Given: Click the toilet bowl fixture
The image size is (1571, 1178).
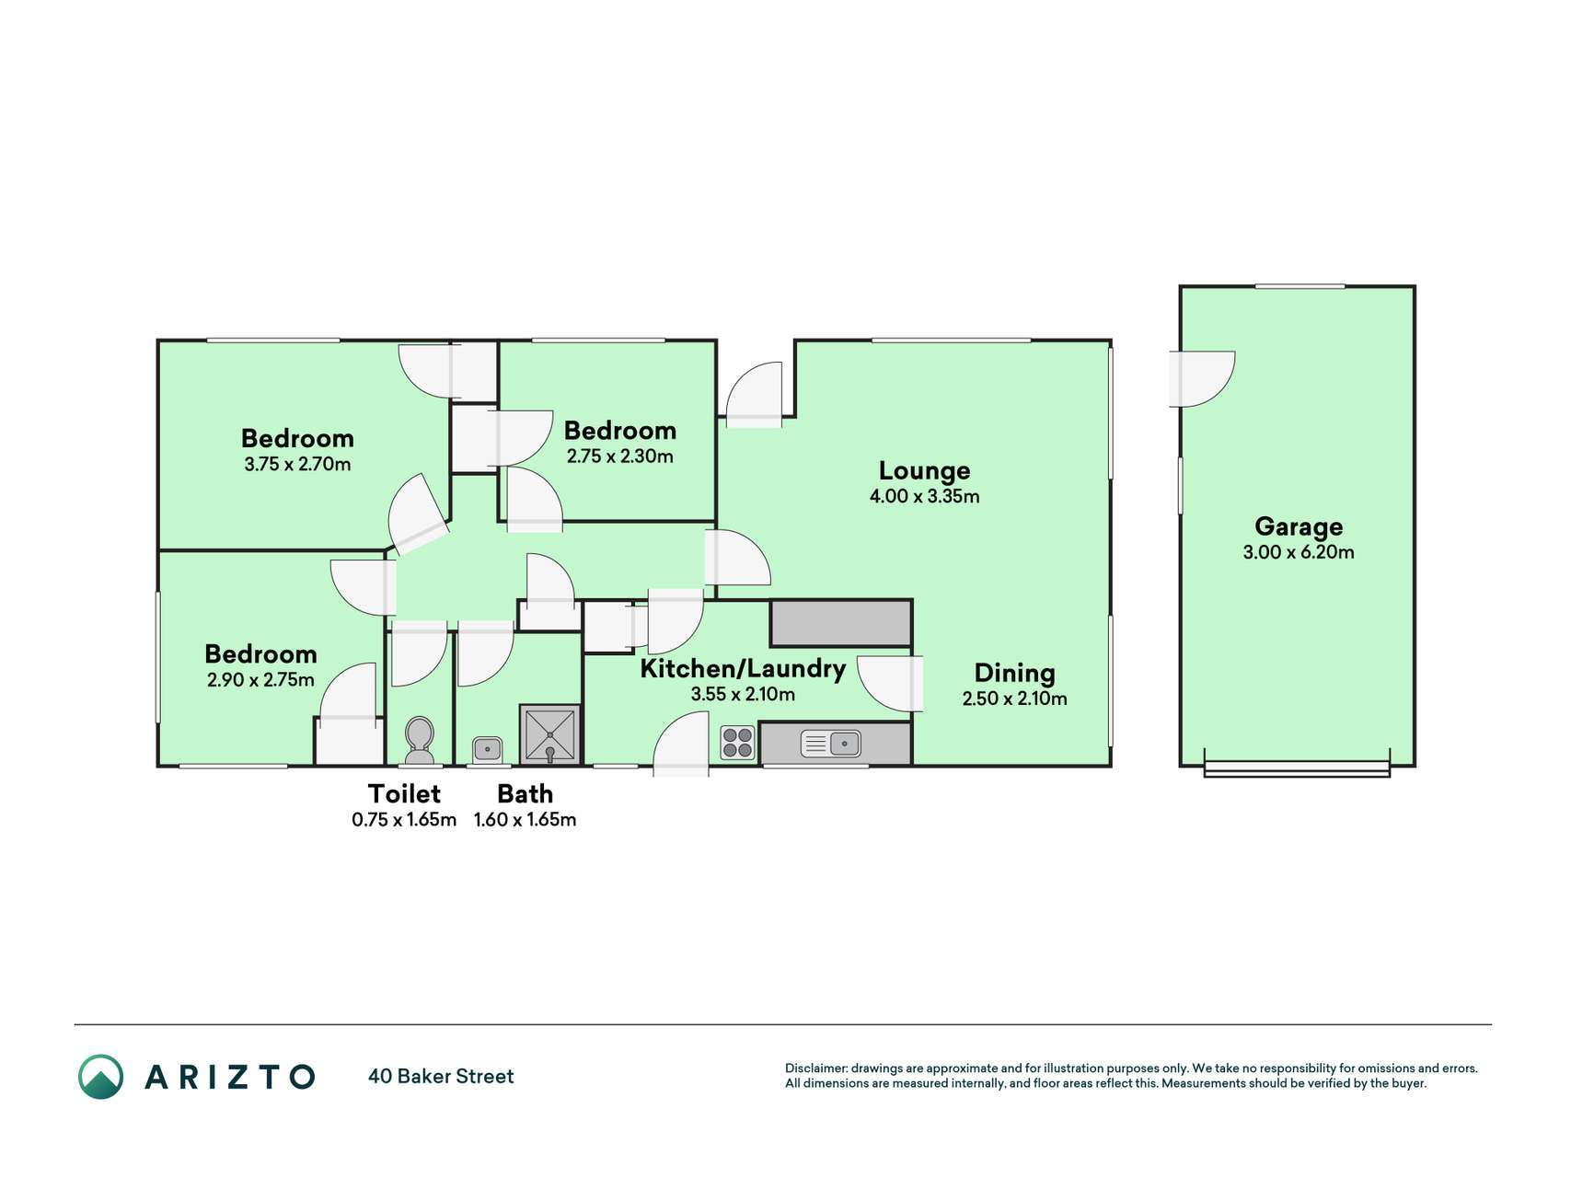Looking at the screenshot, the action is (x=420, y=741).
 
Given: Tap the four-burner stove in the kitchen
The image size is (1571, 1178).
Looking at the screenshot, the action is (x=738, y=743).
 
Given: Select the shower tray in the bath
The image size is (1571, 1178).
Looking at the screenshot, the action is (x=550, y=734).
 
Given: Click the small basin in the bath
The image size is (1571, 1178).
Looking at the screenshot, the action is (x=487, y=748).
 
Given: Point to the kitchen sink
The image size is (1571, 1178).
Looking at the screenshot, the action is (x=831, y=743).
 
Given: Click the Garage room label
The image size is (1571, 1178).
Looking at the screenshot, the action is (x=1299, y=526).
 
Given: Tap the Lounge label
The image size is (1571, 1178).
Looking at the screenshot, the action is (x=924, y=470).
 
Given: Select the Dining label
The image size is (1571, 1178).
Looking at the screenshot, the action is (x=1014, y=673).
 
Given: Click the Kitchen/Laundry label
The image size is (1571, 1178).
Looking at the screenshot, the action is (x=743, y=668).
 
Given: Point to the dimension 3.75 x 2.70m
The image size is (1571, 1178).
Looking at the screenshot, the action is (x=297, y=464).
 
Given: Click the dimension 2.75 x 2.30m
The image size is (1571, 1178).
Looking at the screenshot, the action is (x=620, y=456).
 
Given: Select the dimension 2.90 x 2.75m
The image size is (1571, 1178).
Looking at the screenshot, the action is (x=260, y=680).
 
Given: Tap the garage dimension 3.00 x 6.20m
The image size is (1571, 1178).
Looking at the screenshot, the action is (x=1299, y=552).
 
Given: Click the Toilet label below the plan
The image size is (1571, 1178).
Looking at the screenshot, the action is (x=404, y=793).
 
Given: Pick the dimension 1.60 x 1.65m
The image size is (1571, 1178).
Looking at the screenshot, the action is (x=525, y=819).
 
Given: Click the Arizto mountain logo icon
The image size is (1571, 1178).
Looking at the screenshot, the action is (x=100, y=1076).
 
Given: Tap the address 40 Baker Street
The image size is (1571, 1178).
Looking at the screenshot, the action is (x=441, y=1076).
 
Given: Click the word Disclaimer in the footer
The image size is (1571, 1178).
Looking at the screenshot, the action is (x=815, y=1068).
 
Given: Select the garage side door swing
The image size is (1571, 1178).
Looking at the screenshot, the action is (x=1202, y=378).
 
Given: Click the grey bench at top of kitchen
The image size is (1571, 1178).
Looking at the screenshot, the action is (x=841, y=623).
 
